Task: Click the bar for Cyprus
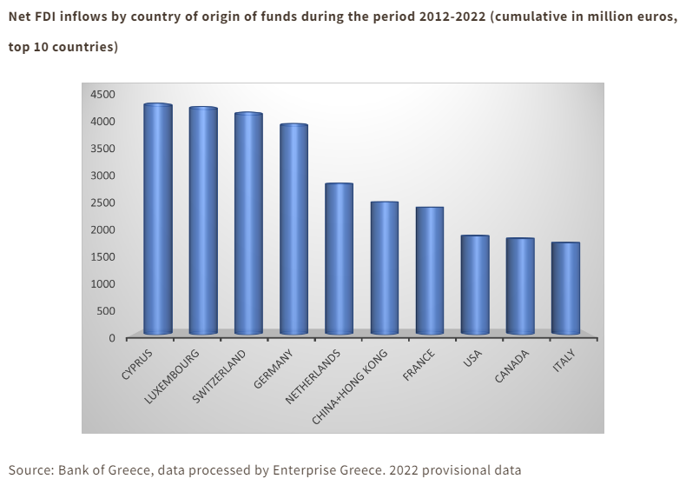tap(158, 219)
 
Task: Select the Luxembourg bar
tap(203, 221)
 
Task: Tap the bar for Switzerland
tap(248, 223)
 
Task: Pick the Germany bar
tap(294, 229)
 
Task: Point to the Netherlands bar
tap(339, 259)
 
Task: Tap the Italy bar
tap(565, 289)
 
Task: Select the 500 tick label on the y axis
tap(106, 311)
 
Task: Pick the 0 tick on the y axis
tap(112, 338)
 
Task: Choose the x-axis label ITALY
tap(564, 360)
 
